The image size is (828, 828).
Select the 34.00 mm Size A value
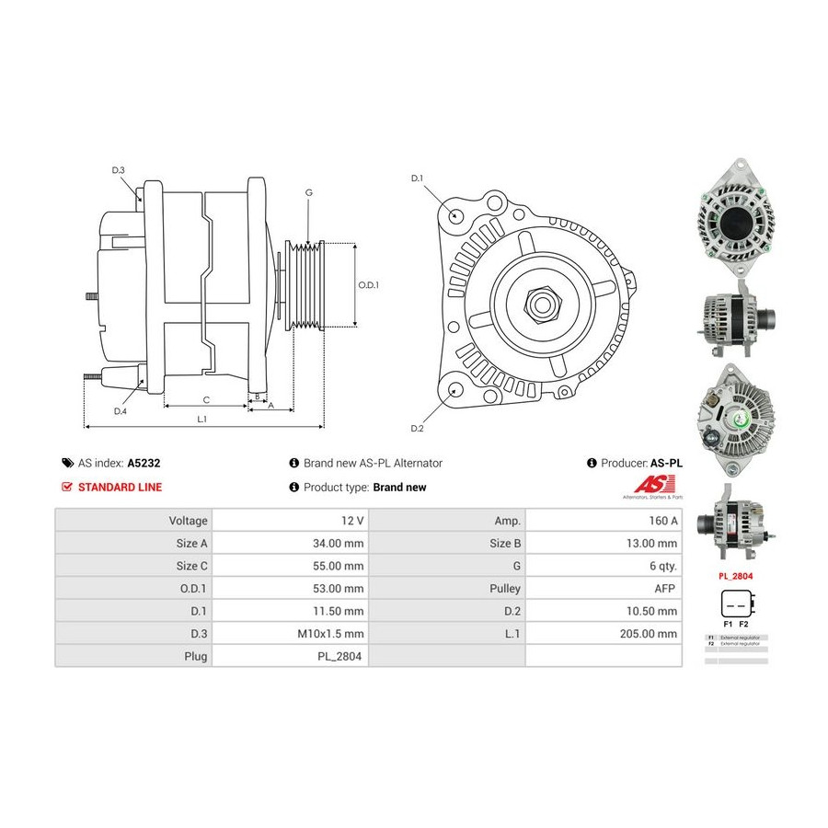coord(339,543)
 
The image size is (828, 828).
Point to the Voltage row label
coord(188,521)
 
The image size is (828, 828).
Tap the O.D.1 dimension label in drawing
coord(368,285)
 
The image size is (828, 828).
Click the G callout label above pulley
coord(309,192)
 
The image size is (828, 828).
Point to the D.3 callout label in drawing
coord(119,170)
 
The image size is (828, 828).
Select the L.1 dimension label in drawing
coord(201,420)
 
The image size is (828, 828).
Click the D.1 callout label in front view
coord(417,178)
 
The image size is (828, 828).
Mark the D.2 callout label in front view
coord(417,429)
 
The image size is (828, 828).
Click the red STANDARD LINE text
coord(120,488)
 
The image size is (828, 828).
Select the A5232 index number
coord(144,464)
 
